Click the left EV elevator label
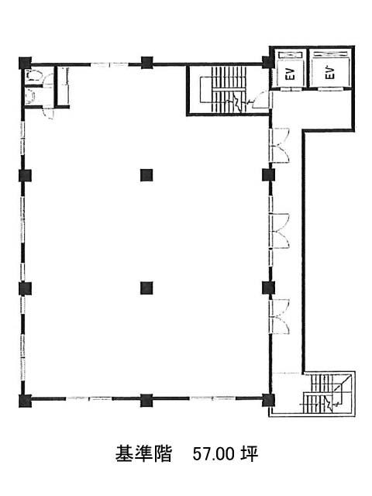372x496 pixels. tap(291, 74)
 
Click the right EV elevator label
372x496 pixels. tap(329, 73)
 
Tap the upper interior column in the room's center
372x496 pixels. tap(146, 175)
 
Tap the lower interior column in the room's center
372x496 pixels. tap(146, 288)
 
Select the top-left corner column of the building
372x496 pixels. tap(26, 63)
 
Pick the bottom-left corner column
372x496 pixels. tap(26, 401)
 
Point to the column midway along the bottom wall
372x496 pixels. tap(146, 400)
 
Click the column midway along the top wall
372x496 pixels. tap(146, 63)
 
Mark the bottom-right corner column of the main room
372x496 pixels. tap(268, 400)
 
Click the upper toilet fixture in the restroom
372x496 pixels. tap(33, 76)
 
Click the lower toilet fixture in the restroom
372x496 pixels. tap(30, 95)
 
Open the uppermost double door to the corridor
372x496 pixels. tap(279, 145)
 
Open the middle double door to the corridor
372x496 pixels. tap(279, 231)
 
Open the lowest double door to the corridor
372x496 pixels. tap(279, 316)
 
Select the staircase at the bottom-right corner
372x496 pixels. tap(329, 394)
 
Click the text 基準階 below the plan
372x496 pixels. tap(143, 454)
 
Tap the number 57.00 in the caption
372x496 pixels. tap(214, 455)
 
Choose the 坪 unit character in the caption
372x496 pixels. tap(250, 454)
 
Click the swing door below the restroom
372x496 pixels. tap(48, 113)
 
